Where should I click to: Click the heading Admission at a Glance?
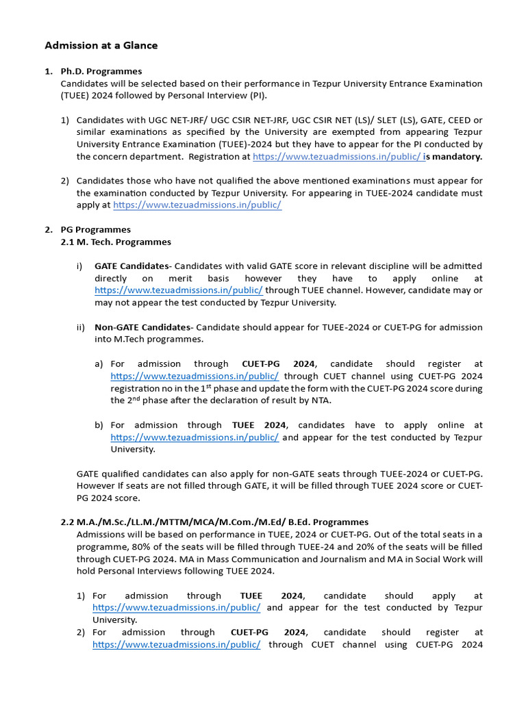pos(101,46)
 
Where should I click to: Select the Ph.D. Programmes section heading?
pos(101,71)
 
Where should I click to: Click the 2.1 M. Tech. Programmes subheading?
pos(116,242)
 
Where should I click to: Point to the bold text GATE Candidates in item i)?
pos(131,266)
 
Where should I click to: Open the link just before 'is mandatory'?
pos(338,157)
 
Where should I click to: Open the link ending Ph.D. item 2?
pos(197,205)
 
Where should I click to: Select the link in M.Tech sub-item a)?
pos(195,377)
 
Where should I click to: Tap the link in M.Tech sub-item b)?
pos(195,437)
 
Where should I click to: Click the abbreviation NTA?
pos(321,400)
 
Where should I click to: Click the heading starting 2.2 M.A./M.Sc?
pos(214,522)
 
